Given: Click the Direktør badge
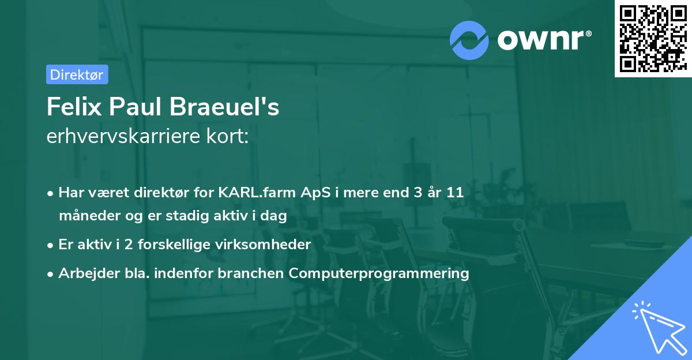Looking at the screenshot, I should coord(77,74).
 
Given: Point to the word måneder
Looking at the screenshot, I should coord(86,216).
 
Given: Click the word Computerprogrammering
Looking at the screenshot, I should coord(379,273).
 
